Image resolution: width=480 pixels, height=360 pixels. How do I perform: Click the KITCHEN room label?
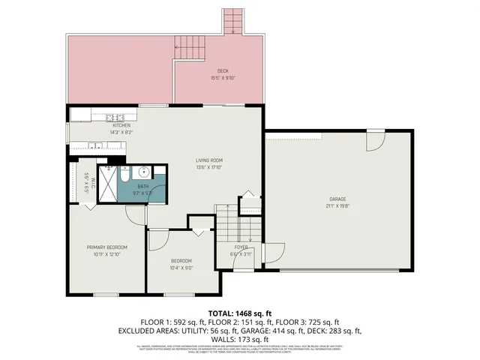pos(121,125)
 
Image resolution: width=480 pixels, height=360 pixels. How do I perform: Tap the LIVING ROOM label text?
pos(209,160)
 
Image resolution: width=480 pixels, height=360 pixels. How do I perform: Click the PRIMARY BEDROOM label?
pos(106,247)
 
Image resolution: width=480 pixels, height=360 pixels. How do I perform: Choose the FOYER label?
pos(241,247)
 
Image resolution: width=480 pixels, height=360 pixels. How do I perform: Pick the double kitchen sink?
pos(95,145)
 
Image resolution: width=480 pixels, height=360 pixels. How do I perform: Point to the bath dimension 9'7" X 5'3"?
pos(142,192)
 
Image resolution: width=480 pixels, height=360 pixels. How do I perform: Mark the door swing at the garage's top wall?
pos(374,139)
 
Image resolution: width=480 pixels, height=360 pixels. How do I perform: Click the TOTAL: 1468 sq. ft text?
pos(240,313)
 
